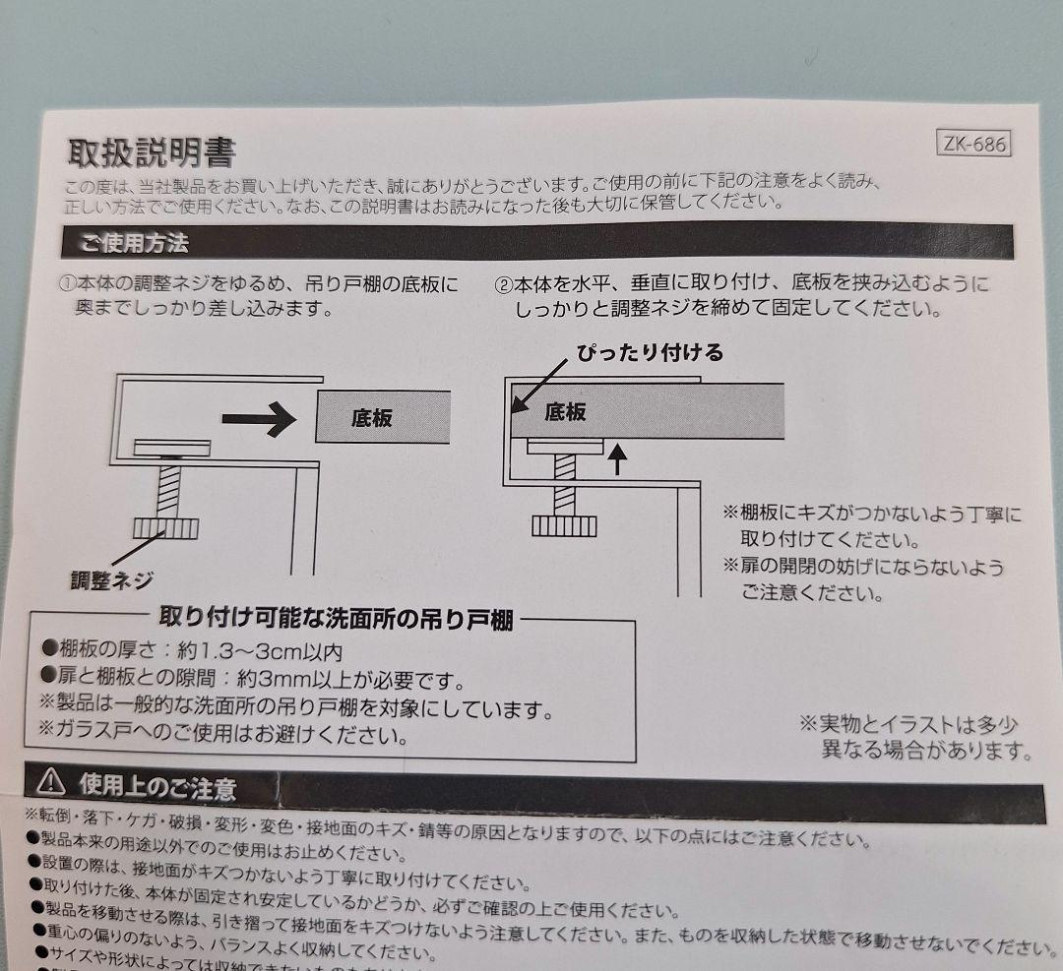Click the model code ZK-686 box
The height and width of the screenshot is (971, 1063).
(974, 144)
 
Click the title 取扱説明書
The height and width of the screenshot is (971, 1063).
(152, 152)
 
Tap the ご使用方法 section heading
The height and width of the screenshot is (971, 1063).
(134, 243)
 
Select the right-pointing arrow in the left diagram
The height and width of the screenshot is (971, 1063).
(259, 419)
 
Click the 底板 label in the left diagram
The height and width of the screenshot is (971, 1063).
(371, 418)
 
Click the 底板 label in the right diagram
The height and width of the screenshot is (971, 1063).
(565, 412)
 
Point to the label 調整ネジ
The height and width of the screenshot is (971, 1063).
(112, 580)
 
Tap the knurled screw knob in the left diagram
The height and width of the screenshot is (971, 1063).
(165, 528)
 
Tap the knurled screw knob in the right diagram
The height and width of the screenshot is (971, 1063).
(564, 526)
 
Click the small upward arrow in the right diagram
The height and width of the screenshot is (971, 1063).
(616, 458)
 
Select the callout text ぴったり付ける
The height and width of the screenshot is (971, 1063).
(650, 353)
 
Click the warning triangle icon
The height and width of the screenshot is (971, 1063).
(51, 784)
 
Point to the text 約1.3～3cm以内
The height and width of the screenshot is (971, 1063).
(260, 652)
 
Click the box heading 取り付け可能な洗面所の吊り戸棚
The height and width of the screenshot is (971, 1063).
(337, 619)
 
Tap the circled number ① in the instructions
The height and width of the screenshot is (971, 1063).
(68, 283)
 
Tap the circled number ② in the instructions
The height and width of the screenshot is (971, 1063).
(503, 284)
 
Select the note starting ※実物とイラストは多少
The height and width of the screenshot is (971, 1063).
(916, 737)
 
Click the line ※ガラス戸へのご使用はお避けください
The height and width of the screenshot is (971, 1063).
(223, 734)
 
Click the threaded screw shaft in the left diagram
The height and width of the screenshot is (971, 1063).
(169, 493)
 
